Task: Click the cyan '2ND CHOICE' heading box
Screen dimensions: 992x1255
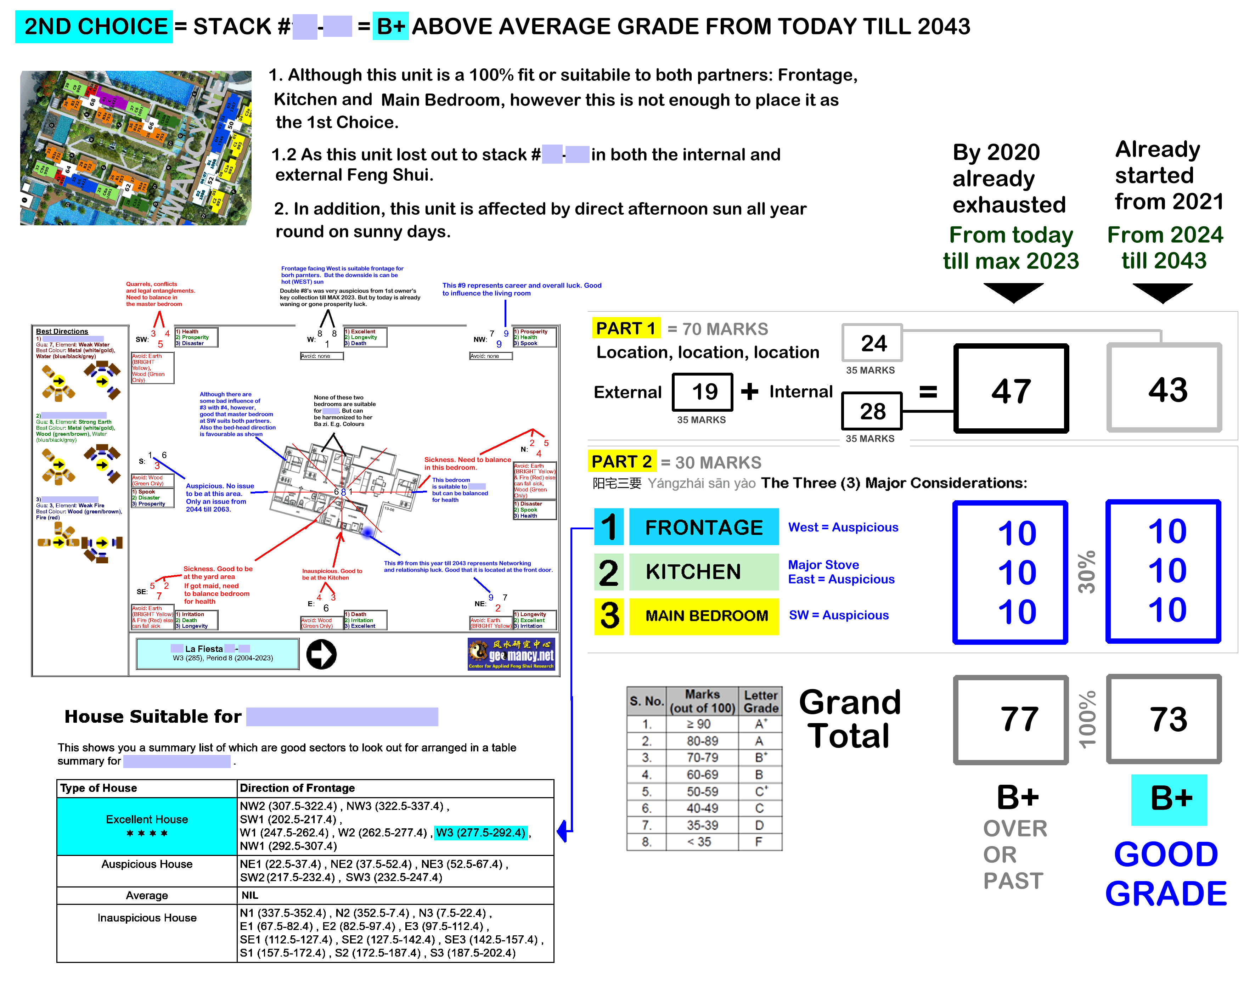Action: tap(94, 27)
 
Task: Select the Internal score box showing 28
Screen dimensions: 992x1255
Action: tap(871, 411)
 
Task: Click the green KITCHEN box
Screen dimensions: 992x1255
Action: tap(703, 571)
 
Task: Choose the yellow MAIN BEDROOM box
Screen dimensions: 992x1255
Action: tap(703, 616)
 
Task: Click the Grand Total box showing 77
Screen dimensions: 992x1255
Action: tap(1011, 719)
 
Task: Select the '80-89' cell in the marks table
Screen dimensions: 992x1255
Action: tap(702, 741)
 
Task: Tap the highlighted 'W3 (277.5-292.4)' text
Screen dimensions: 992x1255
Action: tap(481, 832)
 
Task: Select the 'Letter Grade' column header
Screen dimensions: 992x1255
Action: tap(760, 701)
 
